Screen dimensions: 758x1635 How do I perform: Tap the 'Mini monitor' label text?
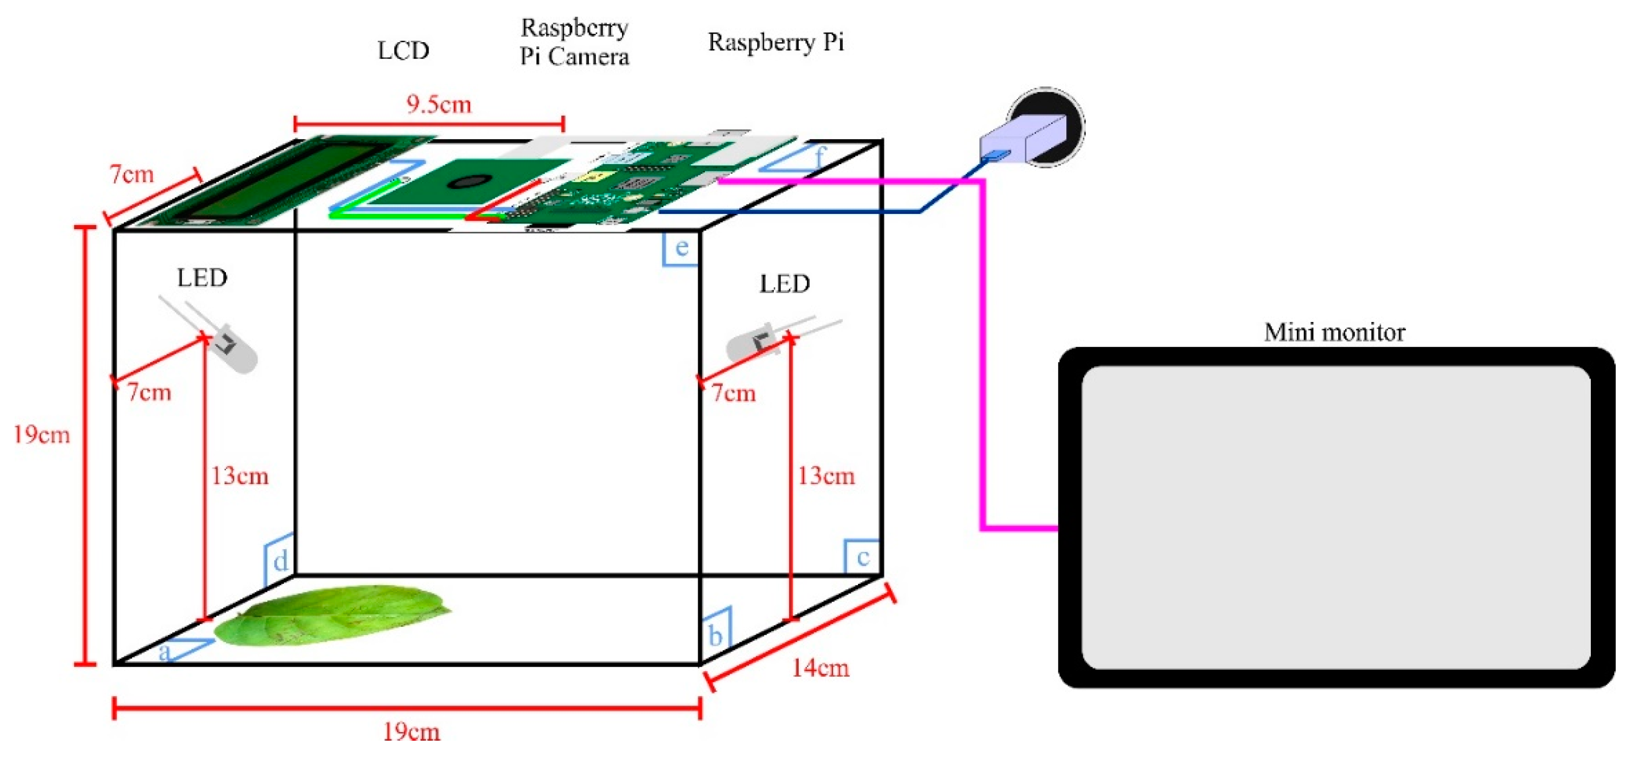pos(1334,333)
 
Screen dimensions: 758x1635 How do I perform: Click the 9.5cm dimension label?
pos(439,104)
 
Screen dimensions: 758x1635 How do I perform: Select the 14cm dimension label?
pos(820,668)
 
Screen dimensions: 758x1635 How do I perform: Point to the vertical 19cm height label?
pos(41,435)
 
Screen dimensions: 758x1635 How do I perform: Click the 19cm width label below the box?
pos(411,732)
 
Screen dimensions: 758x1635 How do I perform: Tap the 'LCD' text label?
pos(404,51)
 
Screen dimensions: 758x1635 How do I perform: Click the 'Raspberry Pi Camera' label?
pos(574,42)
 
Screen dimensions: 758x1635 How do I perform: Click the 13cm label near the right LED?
pos(826,476)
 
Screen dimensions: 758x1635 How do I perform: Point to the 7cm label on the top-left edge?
pos(132,174)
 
